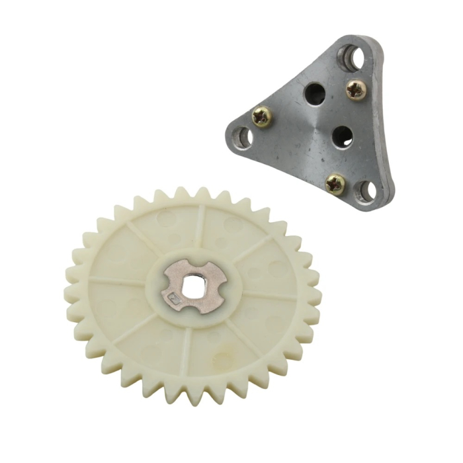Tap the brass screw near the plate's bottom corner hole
(x=335, y=183)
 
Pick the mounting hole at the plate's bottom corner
(x=366, y=192)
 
